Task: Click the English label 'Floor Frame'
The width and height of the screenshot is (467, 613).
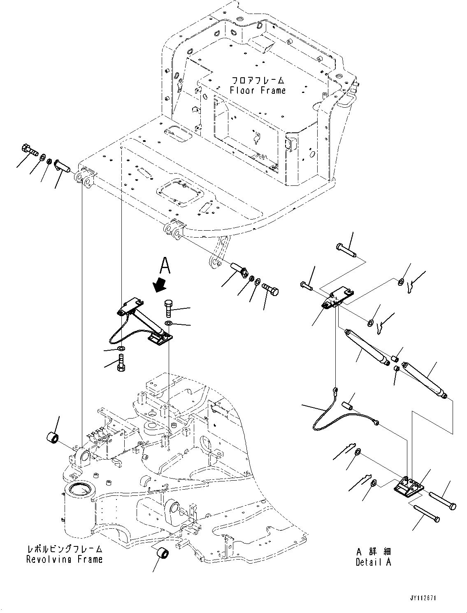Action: click(x=258, y=90)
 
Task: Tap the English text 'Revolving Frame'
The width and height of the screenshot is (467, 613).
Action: click(x=65, y=559)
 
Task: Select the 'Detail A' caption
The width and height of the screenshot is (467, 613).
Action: click(x=374, y=562)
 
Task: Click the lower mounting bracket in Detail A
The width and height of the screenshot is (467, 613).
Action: click(x=409, y=489)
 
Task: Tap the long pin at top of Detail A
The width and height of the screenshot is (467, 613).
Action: click(x=346, y=249)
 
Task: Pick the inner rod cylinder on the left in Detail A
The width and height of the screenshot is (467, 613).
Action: click(x=366, y=346)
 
